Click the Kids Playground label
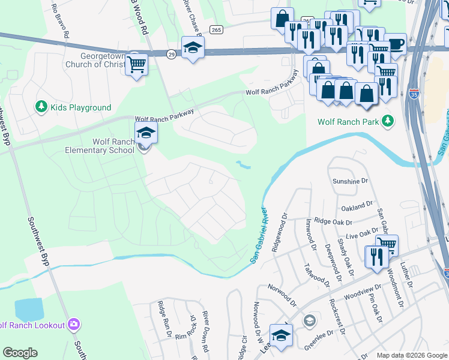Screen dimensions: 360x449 coord(80,107)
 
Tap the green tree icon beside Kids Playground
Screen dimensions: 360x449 coord(41,107)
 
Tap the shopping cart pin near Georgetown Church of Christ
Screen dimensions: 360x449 coord(136,64)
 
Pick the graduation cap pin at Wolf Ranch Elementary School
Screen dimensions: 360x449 coord(146,132)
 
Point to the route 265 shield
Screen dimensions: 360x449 coord(216,29)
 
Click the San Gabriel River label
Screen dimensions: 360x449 coord(258,234)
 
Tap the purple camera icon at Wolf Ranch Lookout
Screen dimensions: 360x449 coord(74,325)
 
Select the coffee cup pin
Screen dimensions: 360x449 coord(396,44)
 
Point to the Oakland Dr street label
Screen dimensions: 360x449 coord(357,207)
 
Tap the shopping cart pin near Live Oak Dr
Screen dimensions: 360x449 coord(387,245)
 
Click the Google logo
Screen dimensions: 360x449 coord(20,353)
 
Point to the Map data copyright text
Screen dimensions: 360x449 coord(411,355)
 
